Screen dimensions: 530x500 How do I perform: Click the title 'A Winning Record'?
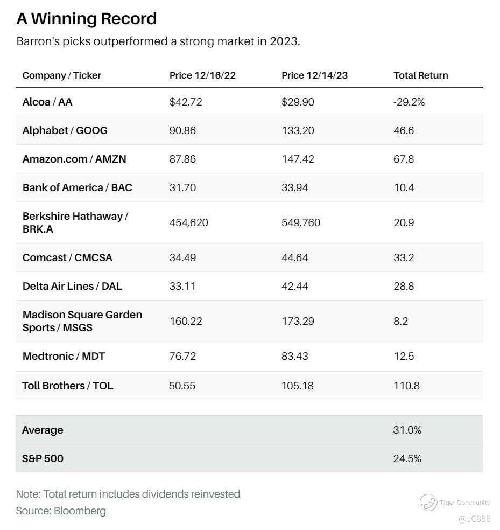tap(86, 19)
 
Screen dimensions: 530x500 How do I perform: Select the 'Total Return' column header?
tap(420, 75)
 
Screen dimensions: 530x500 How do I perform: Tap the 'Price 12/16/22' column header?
tap(202, 75)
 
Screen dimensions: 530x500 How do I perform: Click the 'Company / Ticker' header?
tap(61, 75)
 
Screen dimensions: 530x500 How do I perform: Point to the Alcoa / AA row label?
tap(47, 102)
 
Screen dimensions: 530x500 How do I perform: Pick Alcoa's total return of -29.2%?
tap(409, 102)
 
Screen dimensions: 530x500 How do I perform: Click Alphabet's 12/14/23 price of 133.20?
tap(298, 130)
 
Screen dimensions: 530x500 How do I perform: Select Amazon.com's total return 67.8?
tap(404, 159)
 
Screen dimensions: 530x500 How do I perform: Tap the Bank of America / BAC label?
tap(77, 187)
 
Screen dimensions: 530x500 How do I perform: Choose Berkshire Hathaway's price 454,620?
tap(188, 222)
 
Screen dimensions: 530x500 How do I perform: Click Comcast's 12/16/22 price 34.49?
tap(182, 257)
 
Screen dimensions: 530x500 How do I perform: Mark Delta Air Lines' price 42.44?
tap(295, 286)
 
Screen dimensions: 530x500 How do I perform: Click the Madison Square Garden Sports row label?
tap(82, 321)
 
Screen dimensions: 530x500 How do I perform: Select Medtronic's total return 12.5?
tap(404, 356)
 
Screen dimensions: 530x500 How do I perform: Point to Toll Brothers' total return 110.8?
tap(406, 386)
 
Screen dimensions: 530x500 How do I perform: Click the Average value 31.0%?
tap(407, 430)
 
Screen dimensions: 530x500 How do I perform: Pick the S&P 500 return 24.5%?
tap(407, 458)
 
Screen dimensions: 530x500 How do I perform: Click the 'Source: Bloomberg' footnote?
tap(61, 511)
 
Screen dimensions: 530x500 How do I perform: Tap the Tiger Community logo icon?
tap(428, 502)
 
